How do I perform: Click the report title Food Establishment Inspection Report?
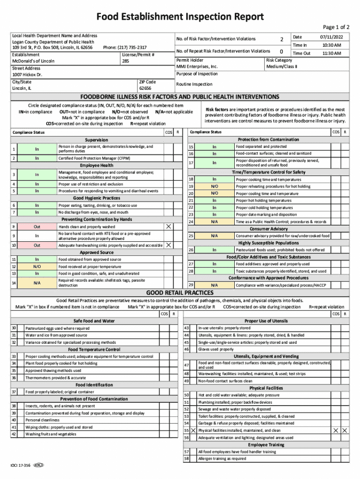coord(180,17)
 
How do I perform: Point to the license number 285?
coord(125,61)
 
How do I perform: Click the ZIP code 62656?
coord(145,88)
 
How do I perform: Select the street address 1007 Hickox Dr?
coord(27,74)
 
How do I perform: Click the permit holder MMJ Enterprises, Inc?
coord(197,67)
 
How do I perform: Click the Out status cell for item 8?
coord(37,226)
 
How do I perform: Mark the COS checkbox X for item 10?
coord(168,245)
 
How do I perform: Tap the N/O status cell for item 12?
coord(37,266)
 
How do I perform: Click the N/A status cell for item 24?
coord(214,222)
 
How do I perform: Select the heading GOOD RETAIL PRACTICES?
coord(180,293)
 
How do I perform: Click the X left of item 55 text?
coord(193,430)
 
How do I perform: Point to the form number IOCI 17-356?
coord(21,465)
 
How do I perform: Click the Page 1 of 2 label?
coord(336,28)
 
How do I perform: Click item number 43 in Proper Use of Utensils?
coord(187,328)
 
